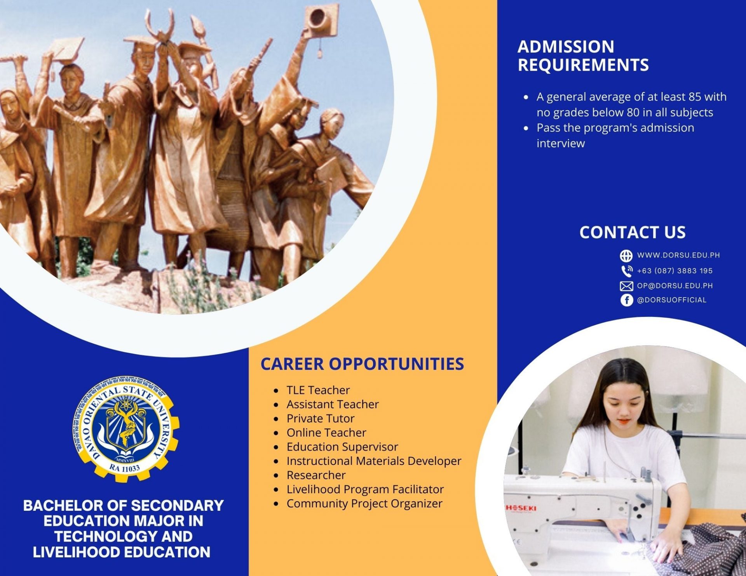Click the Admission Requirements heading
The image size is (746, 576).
tap(583, 56)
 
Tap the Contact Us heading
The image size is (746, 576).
tap(632, 232)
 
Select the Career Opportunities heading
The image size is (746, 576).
tap(362, 364)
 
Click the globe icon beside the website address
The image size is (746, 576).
tap(626, 256)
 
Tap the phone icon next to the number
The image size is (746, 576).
tap(626, 271)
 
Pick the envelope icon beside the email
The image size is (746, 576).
tap(626, 286)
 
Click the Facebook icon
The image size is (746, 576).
tap(626, 300)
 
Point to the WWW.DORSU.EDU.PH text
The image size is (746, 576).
tap(678, 255)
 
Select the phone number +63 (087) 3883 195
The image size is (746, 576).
tap(675, 271)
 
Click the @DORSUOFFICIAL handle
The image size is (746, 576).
tap(672, 300)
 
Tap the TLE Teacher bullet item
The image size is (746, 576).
tap(318, 390)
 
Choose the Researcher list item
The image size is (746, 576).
tap(316, 475)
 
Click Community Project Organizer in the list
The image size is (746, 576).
tap(364, 503)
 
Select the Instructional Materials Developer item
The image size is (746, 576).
tap(374, 461)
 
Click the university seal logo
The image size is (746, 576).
tap(125, 429)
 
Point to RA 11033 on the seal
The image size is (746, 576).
tap(124, 468)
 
